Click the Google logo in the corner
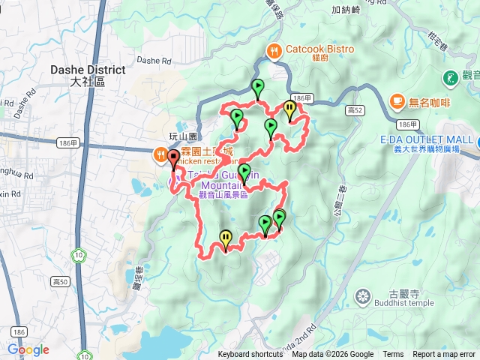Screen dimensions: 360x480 [28, 349]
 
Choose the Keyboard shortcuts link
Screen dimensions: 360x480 [250, 355]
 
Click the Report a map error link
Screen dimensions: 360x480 [444, 355]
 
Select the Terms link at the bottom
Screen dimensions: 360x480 [393, 355]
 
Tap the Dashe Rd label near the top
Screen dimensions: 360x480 [155, 61]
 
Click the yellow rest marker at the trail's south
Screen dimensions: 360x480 [225, 240]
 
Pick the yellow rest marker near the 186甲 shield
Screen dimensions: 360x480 [289, 110]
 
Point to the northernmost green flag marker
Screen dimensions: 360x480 [258, 88]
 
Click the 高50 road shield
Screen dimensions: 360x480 [61, 282]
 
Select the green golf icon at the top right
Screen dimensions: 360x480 [451, 76]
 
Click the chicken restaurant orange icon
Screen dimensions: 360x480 [160, 156]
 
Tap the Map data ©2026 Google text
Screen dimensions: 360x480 [333, 355]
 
